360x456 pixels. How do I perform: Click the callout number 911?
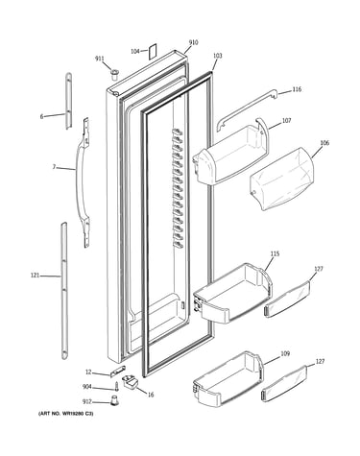click(x=100, y=59)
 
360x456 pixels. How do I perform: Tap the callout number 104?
click(x=135, y=51)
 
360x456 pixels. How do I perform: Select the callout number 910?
click(x=193, y=42)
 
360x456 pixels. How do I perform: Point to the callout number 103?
click(x=217, y=56)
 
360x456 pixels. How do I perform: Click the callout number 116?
click(x=297, y=89)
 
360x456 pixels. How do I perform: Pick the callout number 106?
click(x=324, y=143)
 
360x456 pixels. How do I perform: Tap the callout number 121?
click(x=35, y=275)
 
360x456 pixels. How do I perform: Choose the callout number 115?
click(x=275, y=253)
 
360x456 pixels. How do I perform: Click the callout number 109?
click(x=285, y=353)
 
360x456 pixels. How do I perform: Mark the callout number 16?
click(x=151, y=395)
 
